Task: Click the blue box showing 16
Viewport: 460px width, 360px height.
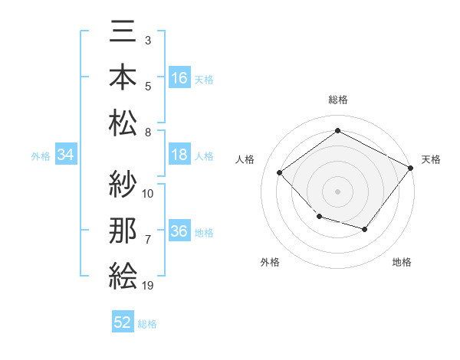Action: [179, 78]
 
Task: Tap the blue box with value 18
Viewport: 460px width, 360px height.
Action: [179, 155]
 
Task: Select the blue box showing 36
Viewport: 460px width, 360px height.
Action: [179, 232]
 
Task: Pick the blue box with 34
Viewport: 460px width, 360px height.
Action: [65, 155]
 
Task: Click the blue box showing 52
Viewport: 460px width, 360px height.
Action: [123, 322]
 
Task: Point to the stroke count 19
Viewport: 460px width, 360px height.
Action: [149, 286]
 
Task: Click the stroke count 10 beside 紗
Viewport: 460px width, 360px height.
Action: [149, 193]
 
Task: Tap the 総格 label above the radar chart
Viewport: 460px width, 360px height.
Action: [337, 100]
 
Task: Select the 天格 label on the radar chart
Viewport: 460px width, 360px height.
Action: [431, 159]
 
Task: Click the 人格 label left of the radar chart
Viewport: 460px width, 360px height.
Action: [245, 159]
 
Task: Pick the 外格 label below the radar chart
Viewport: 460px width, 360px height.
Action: [270, 262]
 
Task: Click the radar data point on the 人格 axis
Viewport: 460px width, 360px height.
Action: [280, 173]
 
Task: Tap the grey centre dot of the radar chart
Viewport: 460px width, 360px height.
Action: [337, 191]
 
